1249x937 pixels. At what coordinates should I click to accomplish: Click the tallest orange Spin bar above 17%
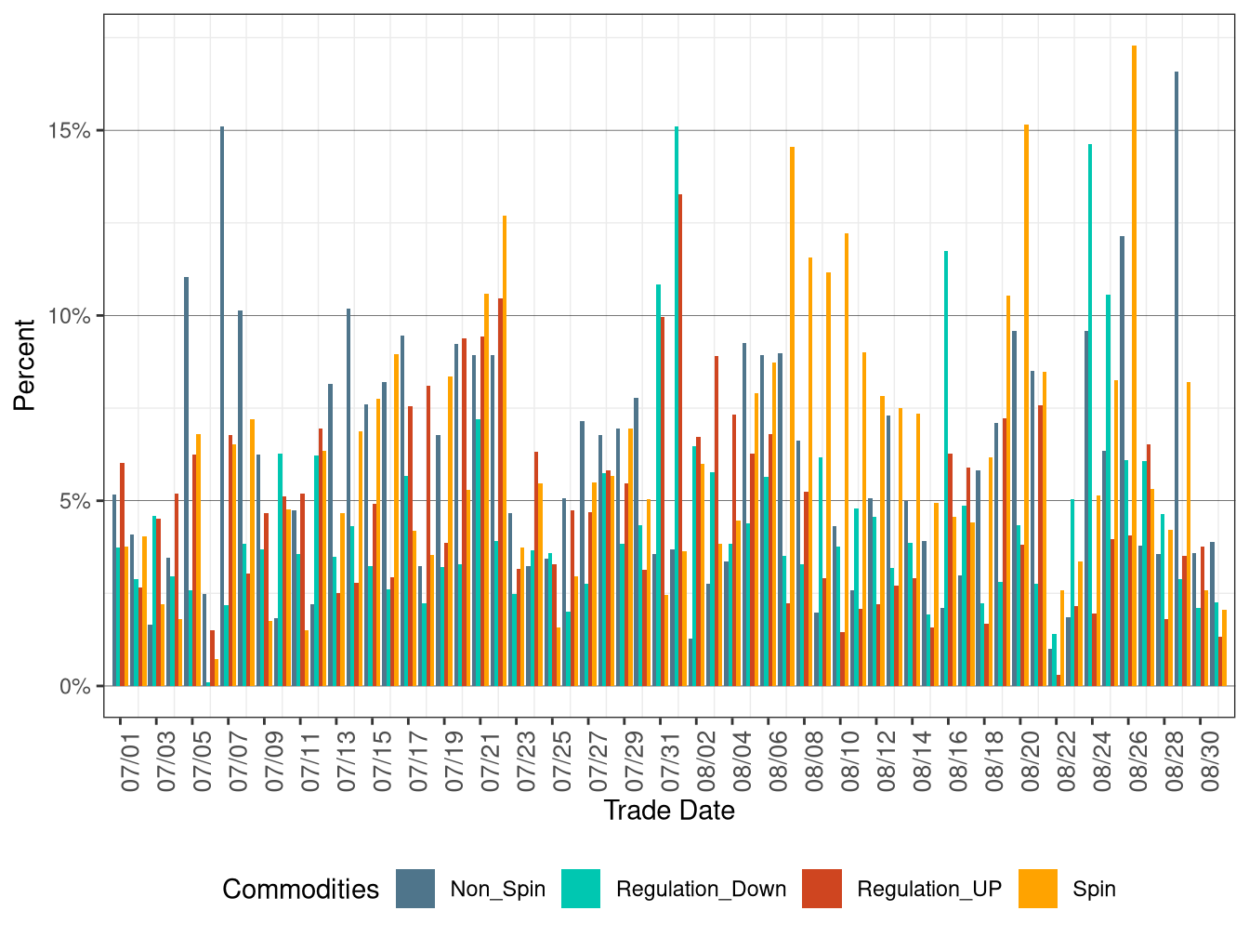pos(1134,372)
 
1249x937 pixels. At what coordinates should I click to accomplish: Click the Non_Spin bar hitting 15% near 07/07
pos(221,409)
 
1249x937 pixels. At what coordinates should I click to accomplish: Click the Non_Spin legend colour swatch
pos(414,889)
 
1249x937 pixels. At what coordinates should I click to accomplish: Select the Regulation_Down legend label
pos(701,889)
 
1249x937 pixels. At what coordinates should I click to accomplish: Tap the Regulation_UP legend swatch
pos(822,889)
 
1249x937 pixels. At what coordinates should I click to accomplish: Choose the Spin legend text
pos(1094,889)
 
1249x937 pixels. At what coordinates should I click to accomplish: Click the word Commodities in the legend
pos(300,890)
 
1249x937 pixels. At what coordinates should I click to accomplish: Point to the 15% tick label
pos(70,130)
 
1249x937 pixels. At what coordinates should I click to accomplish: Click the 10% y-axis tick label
pos(70,316)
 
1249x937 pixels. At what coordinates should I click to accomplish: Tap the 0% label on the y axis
pos(75,687)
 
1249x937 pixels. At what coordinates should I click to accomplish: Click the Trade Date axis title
pos(669,811)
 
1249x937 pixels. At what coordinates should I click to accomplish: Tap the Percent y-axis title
pos(24,365)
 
